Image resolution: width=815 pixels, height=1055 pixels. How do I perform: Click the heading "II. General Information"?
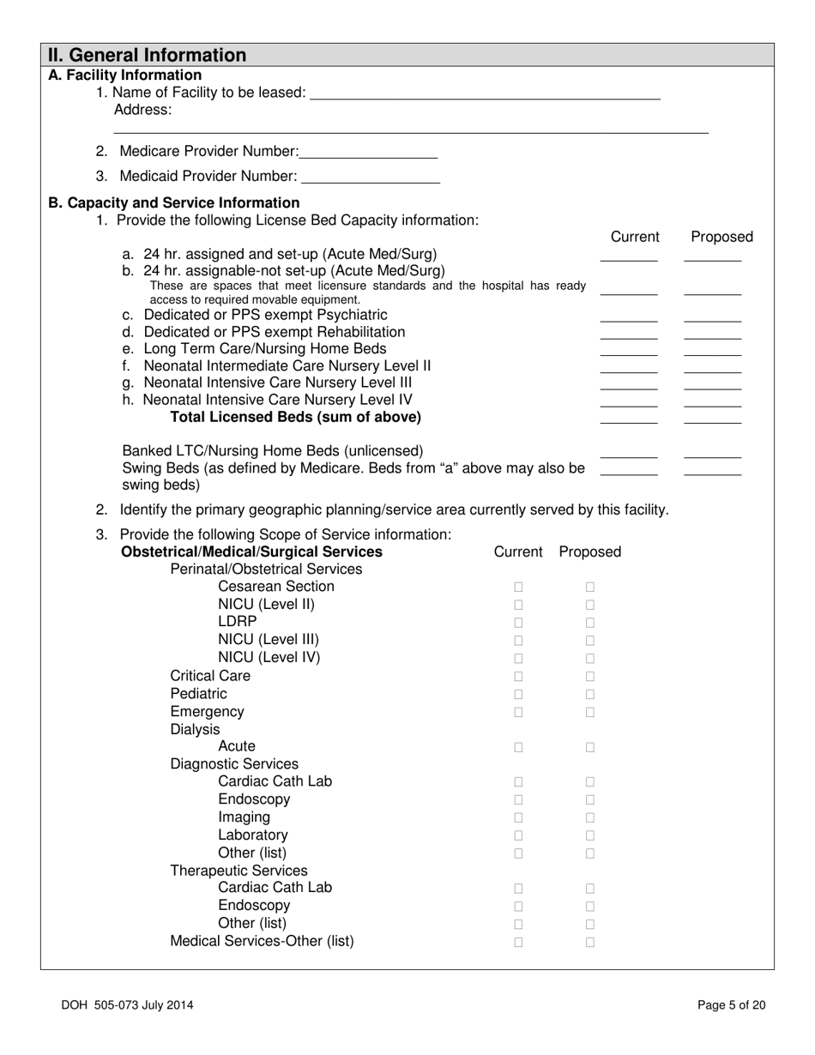147,56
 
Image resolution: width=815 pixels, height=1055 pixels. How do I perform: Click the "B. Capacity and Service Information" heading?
174,203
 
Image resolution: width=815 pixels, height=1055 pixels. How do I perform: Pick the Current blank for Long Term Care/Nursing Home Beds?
628,351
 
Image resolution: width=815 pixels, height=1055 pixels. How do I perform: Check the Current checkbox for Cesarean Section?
518,588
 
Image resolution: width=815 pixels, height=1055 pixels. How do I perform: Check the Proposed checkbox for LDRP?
590,623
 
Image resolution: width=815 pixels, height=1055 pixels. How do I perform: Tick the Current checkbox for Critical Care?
518,677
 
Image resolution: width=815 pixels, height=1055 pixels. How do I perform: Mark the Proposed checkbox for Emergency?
590,712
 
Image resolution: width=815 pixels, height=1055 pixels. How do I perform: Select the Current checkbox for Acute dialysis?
518,747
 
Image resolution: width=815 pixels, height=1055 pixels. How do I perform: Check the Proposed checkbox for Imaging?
590,818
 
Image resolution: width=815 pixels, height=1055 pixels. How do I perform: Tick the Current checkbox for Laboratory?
518,835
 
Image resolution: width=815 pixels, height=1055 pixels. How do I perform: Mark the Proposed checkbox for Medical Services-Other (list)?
590,942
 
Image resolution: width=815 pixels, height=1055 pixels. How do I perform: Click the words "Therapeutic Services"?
238,871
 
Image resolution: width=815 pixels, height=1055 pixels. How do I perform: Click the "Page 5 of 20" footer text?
731,1005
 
